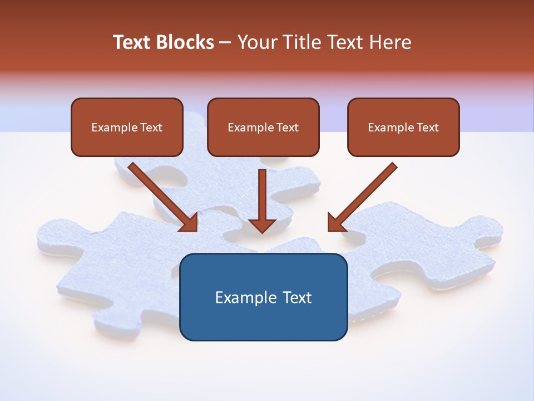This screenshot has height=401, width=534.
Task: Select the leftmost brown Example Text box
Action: [127, 128]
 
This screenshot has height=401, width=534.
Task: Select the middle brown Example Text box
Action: [263, 128]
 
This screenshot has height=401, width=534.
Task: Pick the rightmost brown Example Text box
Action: [403, 128]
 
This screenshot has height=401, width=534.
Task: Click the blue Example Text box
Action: [263, 297]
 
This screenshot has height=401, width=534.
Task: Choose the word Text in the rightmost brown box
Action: [427, 128]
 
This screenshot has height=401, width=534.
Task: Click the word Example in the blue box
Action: [245, 297]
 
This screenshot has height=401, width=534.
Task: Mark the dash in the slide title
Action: [226, 43]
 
